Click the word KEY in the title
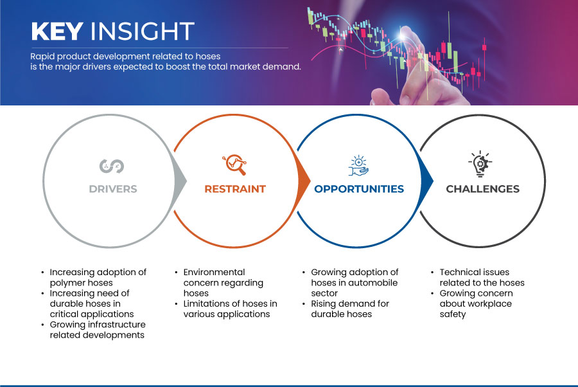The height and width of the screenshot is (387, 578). [x=57, y=31]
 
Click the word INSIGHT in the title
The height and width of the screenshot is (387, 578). [x=143, y=31]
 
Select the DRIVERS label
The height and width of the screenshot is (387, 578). [x=113, y=189]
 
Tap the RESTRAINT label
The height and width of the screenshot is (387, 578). [x=235, y=189]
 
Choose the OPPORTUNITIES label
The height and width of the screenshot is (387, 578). [x=359, y=189]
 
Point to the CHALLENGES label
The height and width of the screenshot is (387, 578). [x=482, y=189]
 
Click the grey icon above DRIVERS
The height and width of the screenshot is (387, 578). [x=112, y=166]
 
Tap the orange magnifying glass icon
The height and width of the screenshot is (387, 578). [x=234, y=165]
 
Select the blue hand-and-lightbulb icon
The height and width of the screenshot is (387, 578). [x=358, y=166]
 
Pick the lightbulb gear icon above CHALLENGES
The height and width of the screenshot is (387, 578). [x=480, y=164]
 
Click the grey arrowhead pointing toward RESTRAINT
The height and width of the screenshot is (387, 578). [x=180, y=181]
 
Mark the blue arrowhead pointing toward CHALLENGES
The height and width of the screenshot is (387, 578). [x=427, y=181]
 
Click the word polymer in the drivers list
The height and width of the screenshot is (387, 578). [x=67, y=283]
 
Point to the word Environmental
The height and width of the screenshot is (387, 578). [x=214, y=273]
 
